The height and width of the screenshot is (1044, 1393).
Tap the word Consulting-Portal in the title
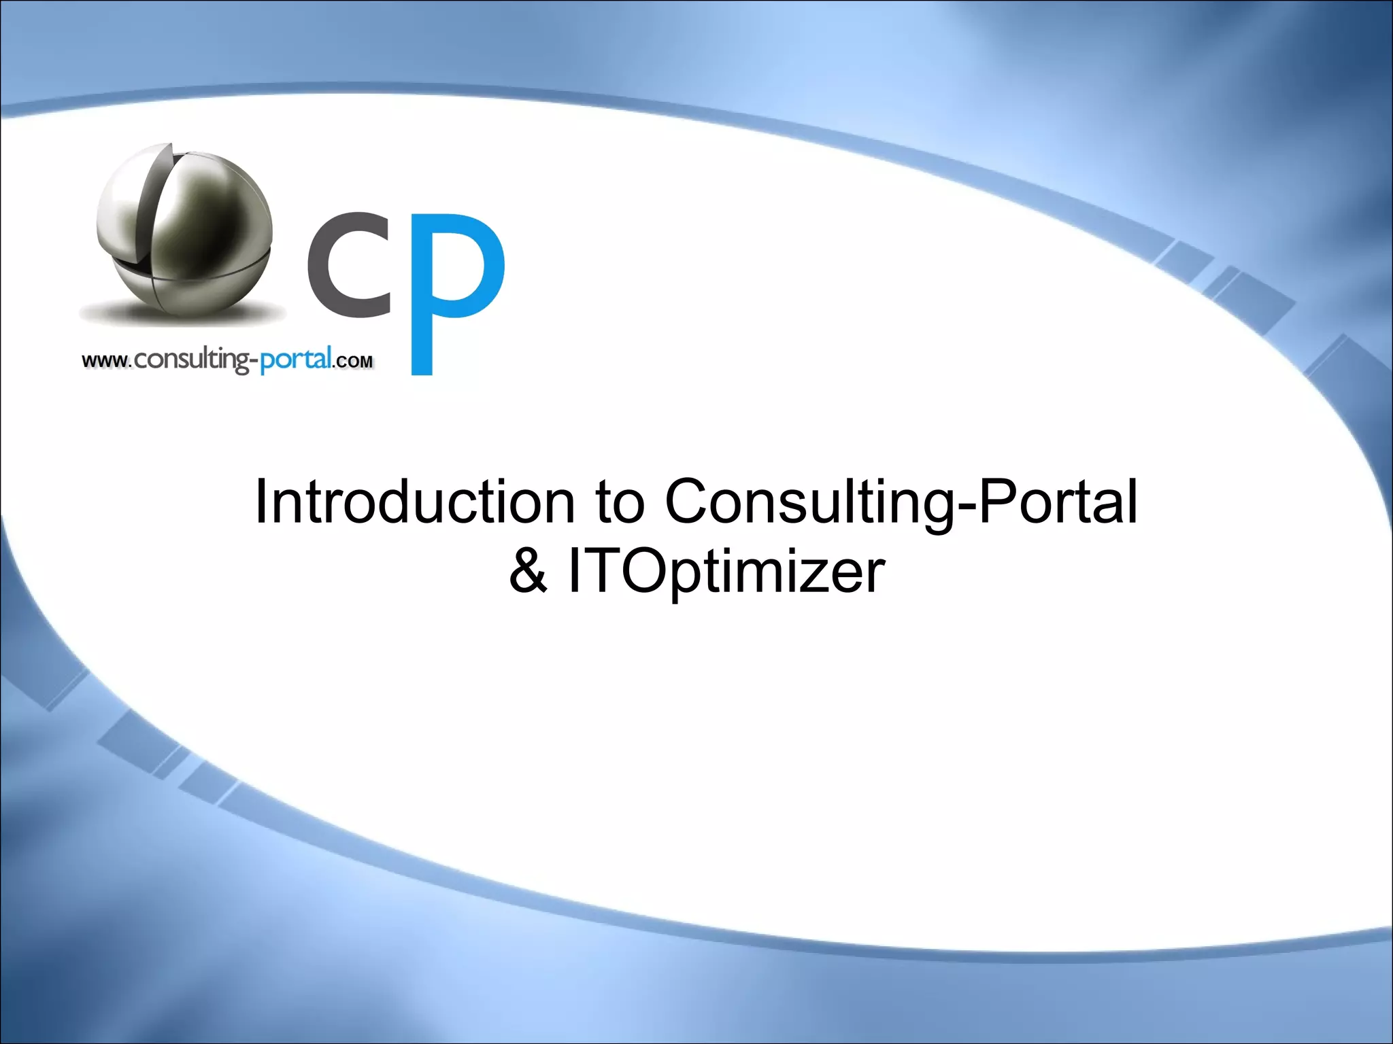tap(901, 503)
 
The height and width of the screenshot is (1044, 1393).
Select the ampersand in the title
tap(528, 572)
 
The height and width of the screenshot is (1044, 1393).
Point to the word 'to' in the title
tap(619, 503)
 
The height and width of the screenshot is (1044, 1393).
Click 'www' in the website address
tap(105, 361)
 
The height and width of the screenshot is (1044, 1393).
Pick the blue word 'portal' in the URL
tap(297, 358)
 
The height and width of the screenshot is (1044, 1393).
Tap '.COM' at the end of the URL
tap(353, 362)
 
